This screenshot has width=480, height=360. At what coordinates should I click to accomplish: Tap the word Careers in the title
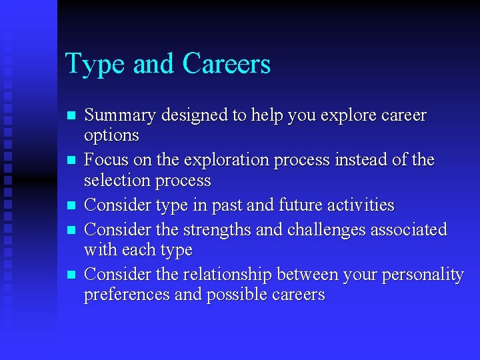coord(226,64)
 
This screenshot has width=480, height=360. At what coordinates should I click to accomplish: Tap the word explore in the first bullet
coord(345,115)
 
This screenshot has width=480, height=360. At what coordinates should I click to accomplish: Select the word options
coord(111,135)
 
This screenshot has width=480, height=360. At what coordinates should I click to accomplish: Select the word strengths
coord(217,230)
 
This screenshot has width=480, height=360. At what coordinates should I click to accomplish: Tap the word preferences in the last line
coord(126,295)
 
